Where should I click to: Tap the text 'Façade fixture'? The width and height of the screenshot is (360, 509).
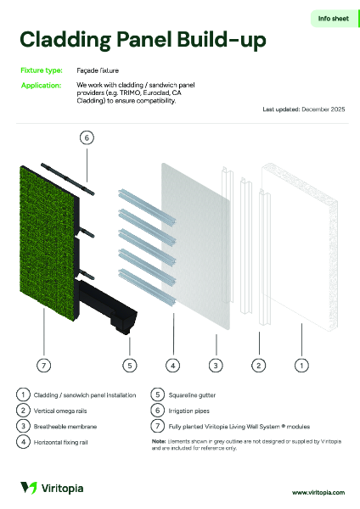coord(98,70)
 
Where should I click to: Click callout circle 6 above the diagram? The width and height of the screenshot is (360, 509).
coord(87,137)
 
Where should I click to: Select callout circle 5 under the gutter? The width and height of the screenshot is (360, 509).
coord(130,366)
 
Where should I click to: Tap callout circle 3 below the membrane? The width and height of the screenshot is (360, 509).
coord(216,366)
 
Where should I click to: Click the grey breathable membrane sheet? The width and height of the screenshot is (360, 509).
coord(195,246)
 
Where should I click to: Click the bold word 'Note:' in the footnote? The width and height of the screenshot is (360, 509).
coord(159,441)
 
